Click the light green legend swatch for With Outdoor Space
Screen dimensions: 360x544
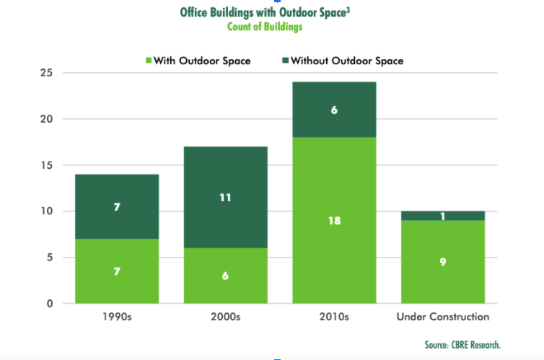point(147,61)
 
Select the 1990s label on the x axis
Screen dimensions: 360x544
point(118,317)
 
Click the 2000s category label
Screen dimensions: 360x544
point(225,317)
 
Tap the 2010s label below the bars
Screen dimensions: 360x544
point(333,317)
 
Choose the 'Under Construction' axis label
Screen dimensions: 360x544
point(443,317)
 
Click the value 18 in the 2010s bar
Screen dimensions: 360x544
point(334,221)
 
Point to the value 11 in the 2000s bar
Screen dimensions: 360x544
point(225,197)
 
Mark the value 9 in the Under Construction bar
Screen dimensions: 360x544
point(443,262)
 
